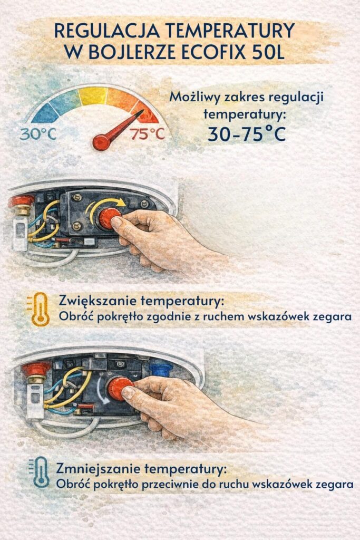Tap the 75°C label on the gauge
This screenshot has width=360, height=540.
tap(148, 134)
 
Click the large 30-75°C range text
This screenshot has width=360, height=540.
tap(246, 134)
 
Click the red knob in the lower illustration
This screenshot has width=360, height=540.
tap(120, 388)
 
